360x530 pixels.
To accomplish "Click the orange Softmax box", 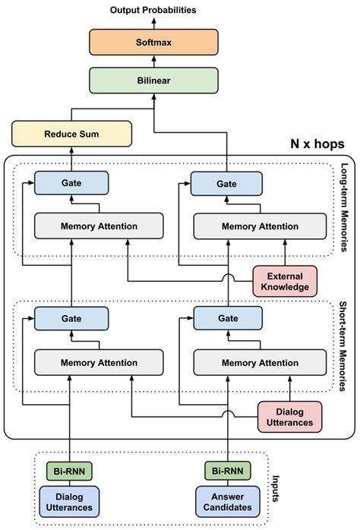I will pos(153,43).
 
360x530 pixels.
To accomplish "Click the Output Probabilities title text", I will pos(153,10).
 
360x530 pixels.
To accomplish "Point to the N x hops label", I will pos(317,144).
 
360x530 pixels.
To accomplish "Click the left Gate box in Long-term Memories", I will pos(71,183).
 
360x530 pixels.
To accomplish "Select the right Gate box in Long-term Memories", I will pos(226,183).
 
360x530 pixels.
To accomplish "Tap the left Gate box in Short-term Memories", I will pos(71,320).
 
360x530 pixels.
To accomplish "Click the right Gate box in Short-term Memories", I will pos(226,320).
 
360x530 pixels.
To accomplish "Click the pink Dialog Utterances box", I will pos(289,415).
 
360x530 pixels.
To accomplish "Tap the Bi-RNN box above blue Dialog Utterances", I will pos(69,472).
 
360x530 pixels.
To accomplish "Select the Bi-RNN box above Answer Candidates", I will pos(227,472).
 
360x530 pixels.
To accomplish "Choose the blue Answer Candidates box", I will pos(227,502).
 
